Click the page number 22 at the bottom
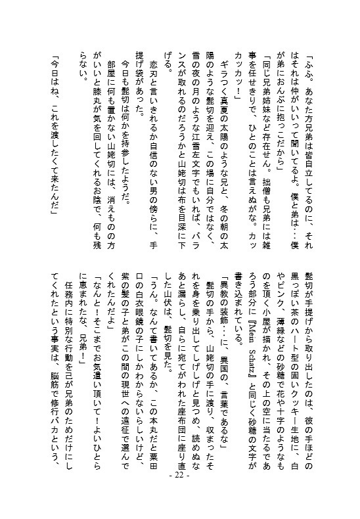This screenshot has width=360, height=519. [x=178, y=494]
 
